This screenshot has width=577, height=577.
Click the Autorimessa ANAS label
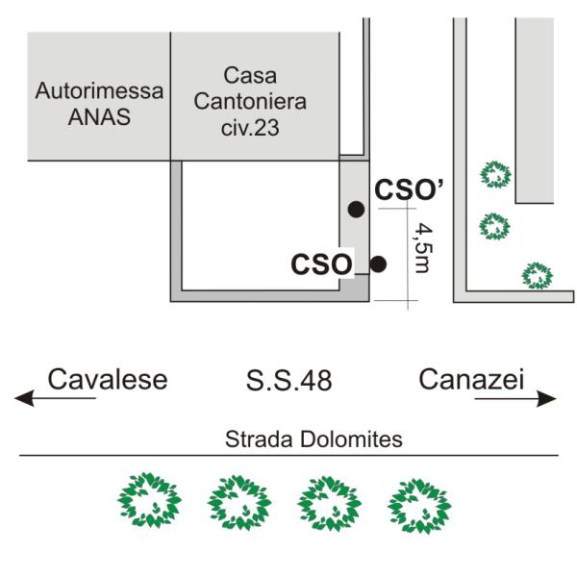coord(99,104)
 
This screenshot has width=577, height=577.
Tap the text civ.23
coord(250,128)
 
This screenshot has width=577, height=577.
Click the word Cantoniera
coord(250,102)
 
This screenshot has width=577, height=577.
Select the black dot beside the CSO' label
coord(356,210)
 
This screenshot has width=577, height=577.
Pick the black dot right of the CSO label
coord(378,264)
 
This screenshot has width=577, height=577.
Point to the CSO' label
coord(410,189)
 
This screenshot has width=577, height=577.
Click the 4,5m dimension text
coord(422,249)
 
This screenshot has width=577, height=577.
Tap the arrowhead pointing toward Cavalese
coord(24,398)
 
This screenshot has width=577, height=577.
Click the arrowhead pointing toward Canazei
coord(546,398)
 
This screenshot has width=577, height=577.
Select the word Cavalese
coord(108,380)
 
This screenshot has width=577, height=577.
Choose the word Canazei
coord(471,380)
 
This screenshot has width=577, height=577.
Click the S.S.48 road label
coord(288,381)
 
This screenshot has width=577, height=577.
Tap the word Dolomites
coord(351,439)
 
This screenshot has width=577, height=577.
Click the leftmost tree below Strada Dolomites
coord(149,500)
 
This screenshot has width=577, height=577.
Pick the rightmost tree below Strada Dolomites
coord(419,506)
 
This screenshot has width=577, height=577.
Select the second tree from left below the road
coord(239,502)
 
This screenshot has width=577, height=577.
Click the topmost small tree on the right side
coord(495,174)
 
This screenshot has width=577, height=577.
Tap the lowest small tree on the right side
coord(538,276)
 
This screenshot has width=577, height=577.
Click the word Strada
coord(259,439)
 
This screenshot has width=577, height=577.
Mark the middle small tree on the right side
coord(494,227)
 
